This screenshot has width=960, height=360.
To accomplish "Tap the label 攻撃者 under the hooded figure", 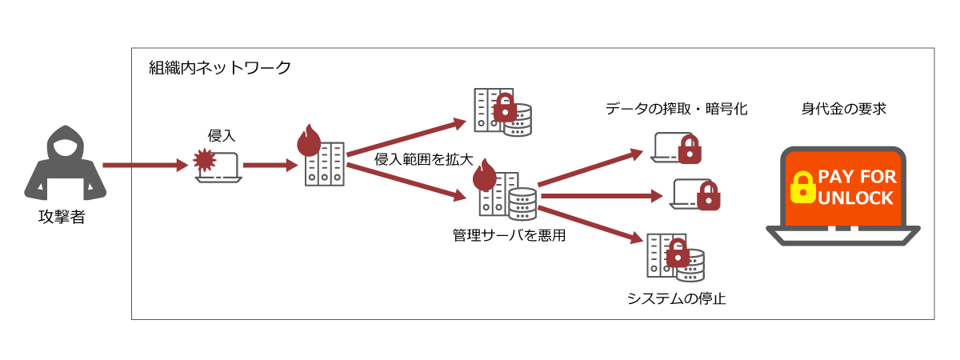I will pos(61,217).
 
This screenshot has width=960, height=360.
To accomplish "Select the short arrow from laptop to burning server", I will pos(269,166).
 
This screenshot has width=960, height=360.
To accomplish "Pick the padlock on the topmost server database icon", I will pos(505,108).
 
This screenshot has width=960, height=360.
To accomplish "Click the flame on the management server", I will pos(484,175).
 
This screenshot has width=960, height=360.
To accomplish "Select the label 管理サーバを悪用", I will pos(510,235).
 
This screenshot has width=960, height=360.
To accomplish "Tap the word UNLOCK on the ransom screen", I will pos(856,198).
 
